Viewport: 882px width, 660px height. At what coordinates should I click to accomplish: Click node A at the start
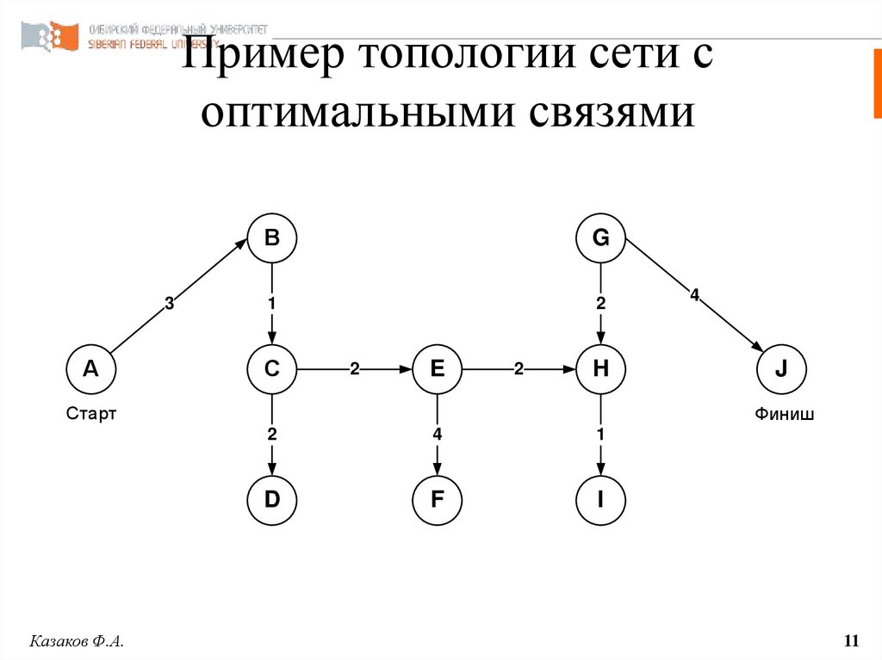point(91,370)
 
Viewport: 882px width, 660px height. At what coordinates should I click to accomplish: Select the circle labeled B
point(272,238)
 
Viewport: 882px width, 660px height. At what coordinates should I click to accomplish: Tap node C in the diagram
point(272,370)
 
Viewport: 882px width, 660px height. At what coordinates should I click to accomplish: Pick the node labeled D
point(272,500)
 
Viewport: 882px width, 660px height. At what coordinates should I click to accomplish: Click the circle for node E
point(437,370)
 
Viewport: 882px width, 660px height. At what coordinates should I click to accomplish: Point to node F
point(437,500)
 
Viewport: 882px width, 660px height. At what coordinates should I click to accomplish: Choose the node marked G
point(601,238)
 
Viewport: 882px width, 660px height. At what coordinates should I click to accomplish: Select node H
point(601,370)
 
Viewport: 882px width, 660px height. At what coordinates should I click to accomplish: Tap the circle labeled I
point(601,500)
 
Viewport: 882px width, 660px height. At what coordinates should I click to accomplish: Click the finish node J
point(781,370)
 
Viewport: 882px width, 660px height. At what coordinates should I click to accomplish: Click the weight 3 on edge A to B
point(169,303)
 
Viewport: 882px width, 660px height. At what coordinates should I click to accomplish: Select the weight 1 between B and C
point(272,303)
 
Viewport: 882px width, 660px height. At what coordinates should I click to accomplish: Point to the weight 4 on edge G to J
point(694,295)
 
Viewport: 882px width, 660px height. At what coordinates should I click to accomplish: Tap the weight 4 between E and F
point(437,435)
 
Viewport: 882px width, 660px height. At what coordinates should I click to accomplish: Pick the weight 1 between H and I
point(601,435)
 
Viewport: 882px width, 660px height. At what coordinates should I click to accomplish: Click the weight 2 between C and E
point(354,370)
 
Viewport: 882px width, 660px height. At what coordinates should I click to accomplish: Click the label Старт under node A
point(91,414)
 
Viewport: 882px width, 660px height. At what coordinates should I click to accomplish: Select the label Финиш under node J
point(784,414)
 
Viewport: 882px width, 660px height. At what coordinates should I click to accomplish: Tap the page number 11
point(851,641)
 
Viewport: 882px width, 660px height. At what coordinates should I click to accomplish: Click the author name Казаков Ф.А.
point(78,641)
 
